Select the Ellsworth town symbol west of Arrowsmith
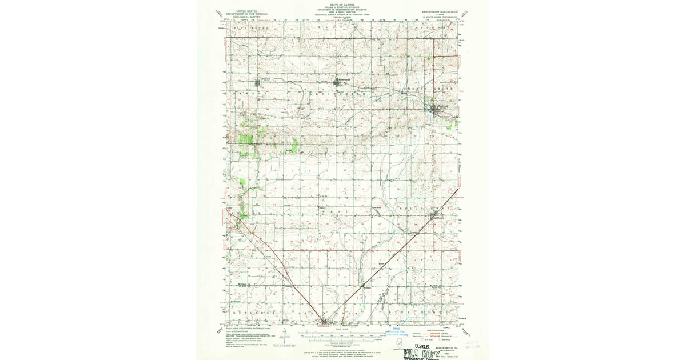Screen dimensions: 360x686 pos(265,81)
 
